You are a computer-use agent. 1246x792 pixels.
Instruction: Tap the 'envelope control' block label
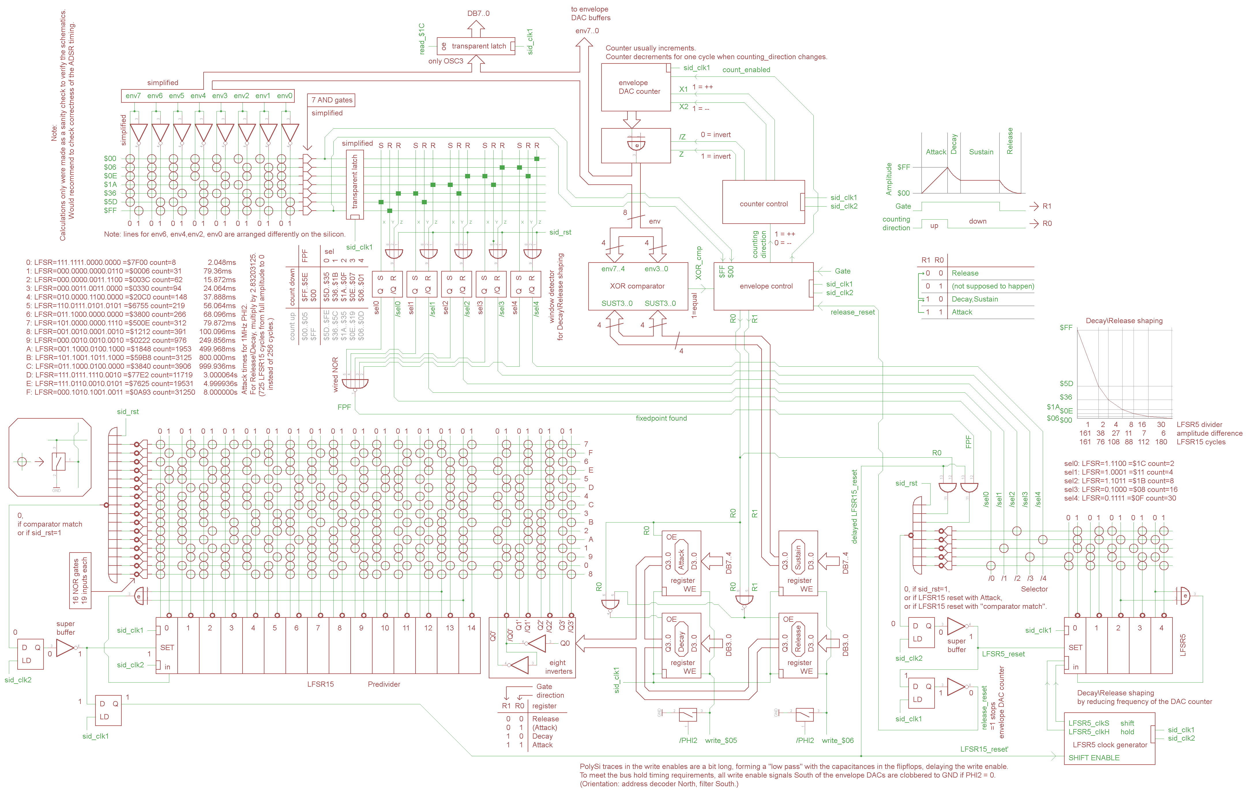[x=766, y=286]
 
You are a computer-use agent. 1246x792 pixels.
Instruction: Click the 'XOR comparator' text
[x=637, y=286]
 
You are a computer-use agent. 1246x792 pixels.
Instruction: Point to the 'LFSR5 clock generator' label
[x=1109, y=745]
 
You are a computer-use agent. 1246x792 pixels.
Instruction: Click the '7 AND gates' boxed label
[x=332, y=100]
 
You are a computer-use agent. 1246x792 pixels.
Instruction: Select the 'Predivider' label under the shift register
[x=384, y=684]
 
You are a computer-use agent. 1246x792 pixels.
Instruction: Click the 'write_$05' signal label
[x=721, y=741]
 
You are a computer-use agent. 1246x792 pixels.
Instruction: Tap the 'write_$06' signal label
[x=837, y=741]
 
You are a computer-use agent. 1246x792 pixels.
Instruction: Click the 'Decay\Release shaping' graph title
[x=1124, y=321]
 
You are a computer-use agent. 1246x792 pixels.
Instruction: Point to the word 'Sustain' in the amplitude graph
[x=981, y=152]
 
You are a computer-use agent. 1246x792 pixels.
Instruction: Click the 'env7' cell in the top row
[x=133, y=96]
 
